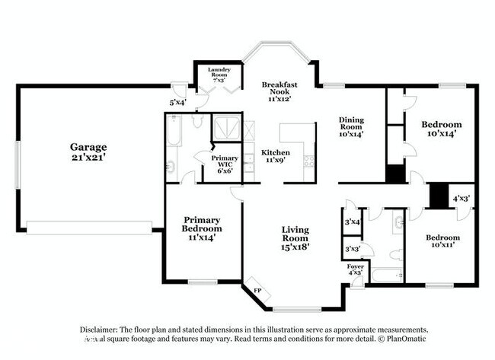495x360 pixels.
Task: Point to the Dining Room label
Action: click(x=351, y=126)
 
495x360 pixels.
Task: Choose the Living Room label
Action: click(x=295, y=237)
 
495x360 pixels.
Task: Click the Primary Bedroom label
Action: click(x=201, y=228)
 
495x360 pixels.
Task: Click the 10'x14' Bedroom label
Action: click(x=442, y=129)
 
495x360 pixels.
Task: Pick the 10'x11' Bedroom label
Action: click(x=442, y=241)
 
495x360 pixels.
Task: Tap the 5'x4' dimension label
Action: click(x=177, y=101)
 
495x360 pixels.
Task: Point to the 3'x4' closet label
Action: click(x=352, y=223)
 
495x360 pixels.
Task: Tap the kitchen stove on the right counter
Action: click(x=309, y=161)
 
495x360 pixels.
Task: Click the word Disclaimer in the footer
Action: click(x=102, y=330)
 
